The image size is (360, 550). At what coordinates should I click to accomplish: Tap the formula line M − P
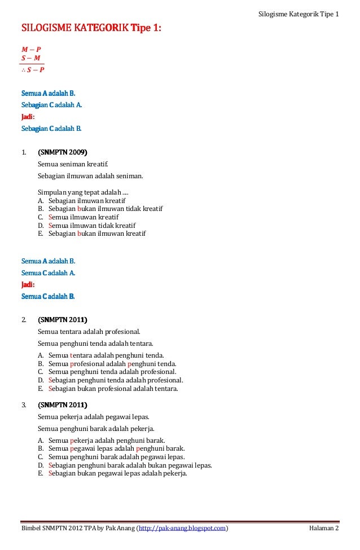coord(31,50)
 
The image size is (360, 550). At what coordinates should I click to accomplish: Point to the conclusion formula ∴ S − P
coord(33,70)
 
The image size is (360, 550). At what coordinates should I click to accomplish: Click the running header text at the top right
coord(298,14)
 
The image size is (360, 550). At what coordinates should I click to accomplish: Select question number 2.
coord(24,319)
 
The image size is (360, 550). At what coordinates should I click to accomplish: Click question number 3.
coord(24,404)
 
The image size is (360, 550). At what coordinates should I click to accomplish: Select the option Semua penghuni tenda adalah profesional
coord(112,372)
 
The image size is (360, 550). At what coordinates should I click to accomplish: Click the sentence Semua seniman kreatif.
coord(72,164)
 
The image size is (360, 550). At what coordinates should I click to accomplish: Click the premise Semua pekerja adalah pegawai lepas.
coord(93,417)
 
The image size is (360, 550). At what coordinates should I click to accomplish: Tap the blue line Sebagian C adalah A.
coord(51,105)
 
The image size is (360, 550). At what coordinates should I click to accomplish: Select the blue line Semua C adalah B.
coord(48,296)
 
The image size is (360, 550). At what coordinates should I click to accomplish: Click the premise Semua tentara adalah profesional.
coord(89,332)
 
